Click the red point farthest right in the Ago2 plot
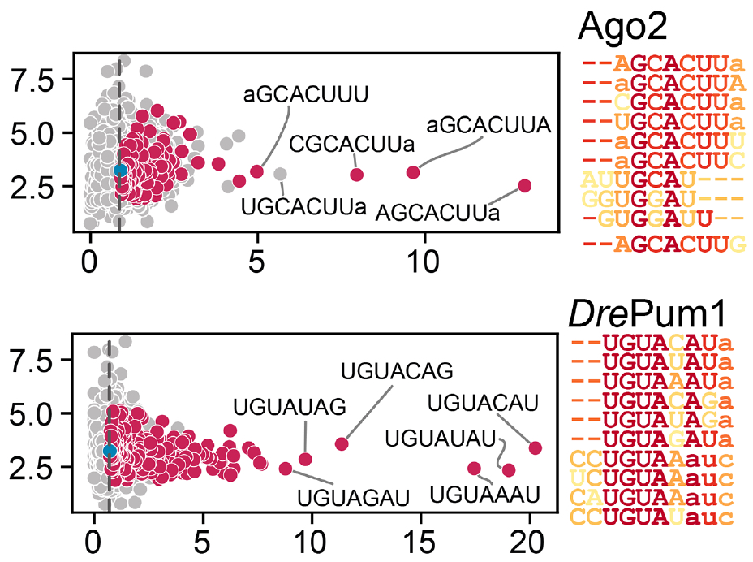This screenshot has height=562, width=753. coord(524,186)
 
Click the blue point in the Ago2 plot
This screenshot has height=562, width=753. coord(120,171)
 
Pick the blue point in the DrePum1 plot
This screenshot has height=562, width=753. coord(110,450)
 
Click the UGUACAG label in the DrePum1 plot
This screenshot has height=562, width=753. coord(397,373)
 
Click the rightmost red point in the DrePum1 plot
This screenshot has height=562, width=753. coord(535,447)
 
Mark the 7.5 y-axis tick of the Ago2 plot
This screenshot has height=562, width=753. coord(29,80)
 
